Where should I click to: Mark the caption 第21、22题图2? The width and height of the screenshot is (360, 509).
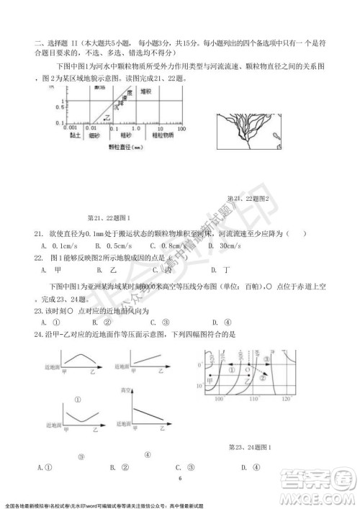click(x=247, y=199)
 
